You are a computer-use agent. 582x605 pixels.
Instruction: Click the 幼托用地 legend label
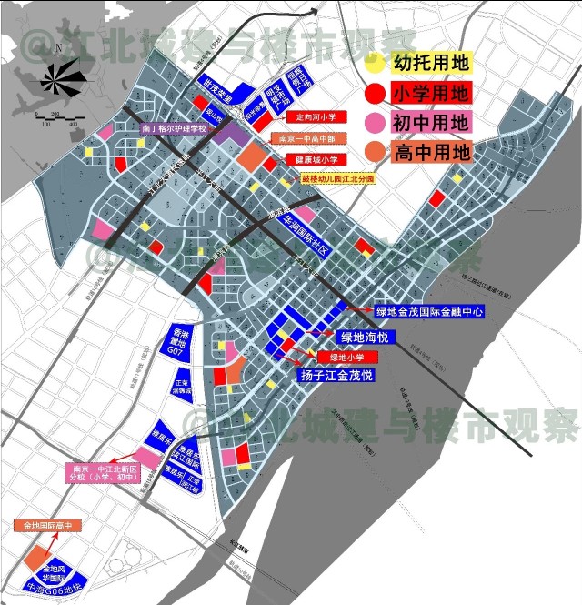[x=430, y=64]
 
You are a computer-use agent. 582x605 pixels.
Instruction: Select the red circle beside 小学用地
[x=374, y=93]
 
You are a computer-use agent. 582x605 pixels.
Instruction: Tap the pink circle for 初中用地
[x=374, y=122]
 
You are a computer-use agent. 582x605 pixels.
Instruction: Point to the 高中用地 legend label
[x=430, y=151]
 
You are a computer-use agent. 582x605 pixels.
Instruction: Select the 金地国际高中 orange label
[x=48, y=526]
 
